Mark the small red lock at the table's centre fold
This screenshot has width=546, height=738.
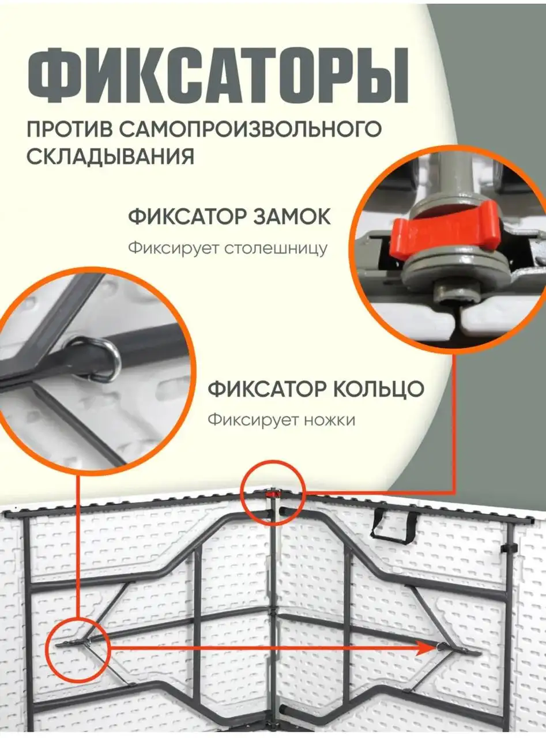tap(273, 495)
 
